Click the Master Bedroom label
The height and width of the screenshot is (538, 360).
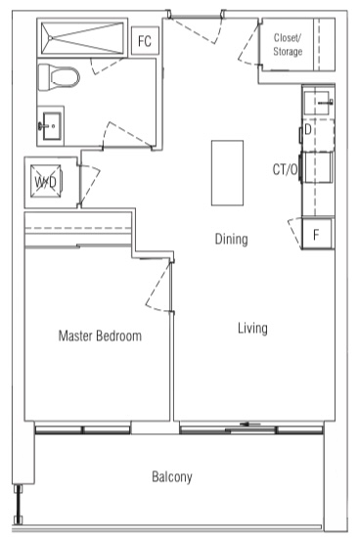pyautogui.click(x=100, y=336)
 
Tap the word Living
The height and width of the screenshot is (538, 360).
pyautogui.click(x=252, y=328)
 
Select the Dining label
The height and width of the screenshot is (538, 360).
pyautogui.click(x=231, y=239)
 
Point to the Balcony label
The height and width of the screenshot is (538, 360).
pyautogui.click(x=172, y=476)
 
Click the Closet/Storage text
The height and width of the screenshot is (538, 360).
pyautogui.click(x=288, y=44)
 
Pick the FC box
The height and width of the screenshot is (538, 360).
pyautogui.click(x=145, y=40)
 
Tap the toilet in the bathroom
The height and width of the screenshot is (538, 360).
pyautogui.click(x=59, y=77)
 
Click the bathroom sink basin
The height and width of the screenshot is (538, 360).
pyautogui.click(x=51, y=126)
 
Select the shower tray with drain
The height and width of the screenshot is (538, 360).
pyautogui.click(x=82, y=38)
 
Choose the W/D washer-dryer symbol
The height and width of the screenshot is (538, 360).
pyautogui.click(x=46, y=182)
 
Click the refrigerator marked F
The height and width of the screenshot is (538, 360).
pyautogui.click(x=316, y=234)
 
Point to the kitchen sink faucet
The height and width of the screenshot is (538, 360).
pyautogui.click(x=326, y=102)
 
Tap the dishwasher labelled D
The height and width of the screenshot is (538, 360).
pyautogui.click(x=318, y=135)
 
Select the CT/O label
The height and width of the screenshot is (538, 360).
pyautogui.click(x=285, y=169)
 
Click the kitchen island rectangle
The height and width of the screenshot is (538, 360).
pyautogui.click(x=227, y=173)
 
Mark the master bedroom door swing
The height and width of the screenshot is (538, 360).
pyautogui.click(x=159, y=287)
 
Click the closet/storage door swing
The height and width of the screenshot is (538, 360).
pyautogui.click(x=249, y=43)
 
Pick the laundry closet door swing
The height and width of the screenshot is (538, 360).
pyautogui.click(x=90, y=185)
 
